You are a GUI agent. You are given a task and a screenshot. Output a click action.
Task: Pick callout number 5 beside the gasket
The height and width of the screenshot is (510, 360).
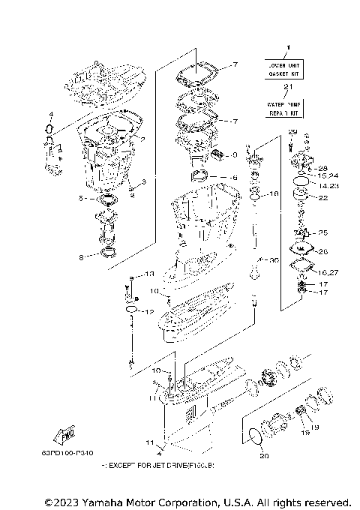coord(80,199)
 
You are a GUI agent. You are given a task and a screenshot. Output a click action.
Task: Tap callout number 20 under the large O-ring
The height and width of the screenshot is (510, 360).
coord(262,456)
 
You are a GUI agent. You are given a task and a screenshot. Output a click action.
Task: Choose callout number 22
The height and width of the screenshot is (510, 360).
coord(324,198)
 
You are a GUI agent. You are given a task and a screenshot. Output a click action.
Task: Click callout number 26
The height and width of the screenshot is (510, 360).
coord(323,251)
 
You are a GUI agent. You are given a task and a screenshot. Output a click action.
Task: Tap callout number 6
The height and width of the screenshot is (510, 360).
coord(233,178)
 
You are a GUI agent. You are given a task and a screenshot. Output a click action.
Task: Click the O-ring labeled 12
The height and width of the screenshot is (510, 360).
coord(131,310)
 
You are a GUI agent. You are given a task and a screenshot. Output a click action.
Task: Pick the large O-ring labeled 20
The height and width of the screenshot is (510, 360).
coord(255,436)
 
